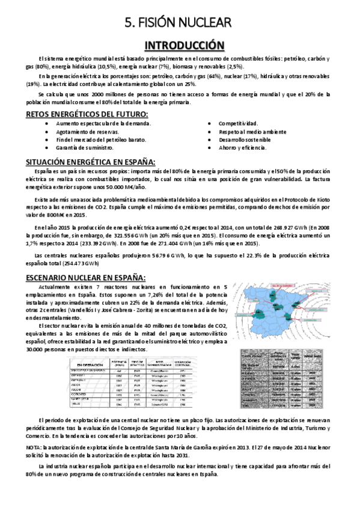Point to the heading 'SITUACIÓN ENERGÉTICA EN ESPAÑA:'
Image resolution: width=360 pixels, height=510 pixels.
click(x=91, y=162)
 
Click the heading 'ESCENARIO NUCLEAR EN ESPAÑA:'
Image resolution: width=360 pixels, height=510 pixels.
click(x=86, y=277)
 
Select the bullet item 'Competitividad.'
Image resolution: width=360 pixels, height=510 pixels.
click(x=238, y=122)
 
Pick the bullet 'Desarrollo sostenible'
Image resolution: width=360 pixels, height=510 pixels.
click(x=245, y=139)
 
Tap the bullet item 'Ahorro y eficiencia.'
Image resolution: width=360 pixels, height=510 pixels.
click(x=242, y=147)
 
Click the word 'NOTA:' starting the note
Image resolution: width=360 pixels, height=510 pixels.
click(x=35, y=447)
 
